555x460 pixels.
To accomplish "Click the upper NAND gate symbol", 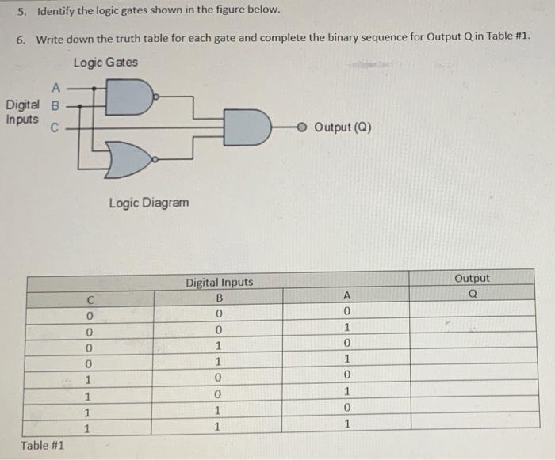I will (129, 97).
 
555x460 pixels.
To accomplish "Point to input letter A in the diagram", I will (55, 88).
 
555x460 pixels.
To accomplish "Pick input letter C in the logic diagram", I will (55, 126).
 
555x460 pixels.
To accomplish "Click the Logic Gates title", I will (105, 63).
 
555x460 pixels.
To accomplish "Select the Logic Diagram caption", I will (149, 203).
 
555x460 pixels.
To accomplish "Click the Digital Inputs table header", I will (220, 282).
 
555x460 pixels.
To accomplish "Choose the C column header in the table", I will (91, 299).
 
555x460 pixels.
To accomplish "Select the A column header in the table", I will (346, 295).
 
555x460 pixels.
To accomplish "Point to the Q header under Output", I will (473, 293).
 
